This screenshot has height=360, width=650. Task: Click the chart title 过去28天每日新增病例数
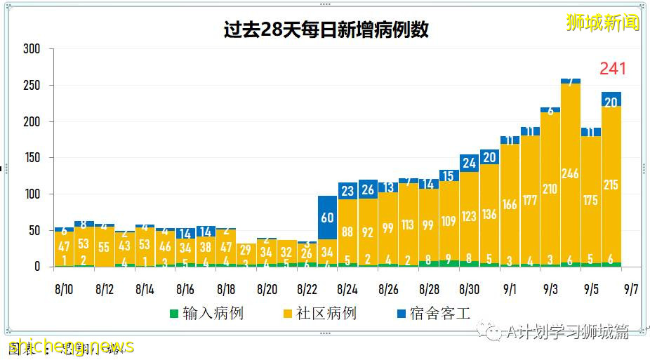(x=326, y=30)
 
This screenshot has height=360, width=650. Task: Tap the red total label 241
(x=612, y=69)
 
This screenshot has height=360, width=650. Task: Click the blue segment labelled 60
(x=327, y=217)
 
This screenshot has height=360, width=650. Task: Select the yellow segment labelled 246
(x=571, y=173)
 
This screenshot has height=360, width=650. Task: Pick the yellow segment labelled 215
(x=611, y=185)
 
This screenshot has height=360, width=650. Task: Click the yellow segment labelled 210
(x=550, y=188)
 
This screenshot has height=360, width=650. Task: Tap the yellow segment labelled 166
(x=510, y=204)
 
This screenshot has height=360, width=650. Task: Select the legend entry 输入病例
(x=206, y=313)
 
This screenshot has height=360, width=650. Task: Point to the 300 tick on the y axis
(x=31, y=49)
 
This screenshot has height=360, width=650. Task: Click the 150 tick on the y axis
(x=31, y=158)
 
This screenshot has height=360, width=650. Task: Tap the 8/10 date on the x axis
(x=64, y=288)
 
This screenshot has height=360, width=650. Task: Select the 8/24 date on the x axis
(x=348, y=288)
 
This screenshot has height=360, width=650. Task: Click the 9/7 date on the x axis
(x=632, y=288)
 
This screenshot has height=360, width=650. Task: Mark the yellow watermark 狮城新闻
(x=603, y=22)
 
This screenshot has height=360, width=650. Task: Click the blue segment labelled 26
(x=368, y=189)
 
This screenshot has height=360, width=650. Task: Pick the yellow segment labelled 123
(x=469, y=216)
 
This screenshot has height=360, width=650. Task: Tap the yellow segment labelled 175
(x=591, y=200)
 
